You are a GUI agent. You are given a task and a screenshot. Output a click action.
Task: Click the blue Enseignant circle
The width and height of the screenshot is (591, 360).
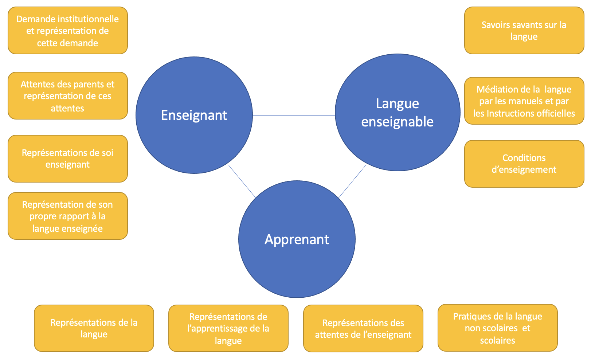pos(194,115)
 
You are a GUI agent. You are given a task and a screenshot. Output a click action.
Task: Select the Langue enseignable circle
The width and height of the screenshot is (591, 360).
pos(397,112)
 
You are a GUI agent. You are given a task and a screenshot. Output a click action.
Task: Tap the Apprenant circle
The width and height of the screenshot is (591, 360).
pos(297,239)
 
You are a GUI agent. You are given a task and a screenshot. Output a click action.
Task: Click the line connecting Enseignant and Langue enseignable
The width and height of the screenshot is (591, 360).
pos(294,115)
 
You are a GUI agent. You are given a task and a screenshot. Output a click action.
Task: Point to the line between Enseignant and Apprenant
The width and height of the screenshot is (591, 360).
pos(242,181)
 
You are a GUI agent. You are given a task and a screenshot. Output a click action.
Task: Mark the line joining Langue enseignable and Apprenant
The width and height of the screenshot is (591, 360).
pos(352,181)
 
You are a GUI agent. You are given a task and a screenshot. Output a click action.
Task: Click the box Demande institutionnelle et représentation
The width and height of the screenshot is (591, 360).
pos(68,31)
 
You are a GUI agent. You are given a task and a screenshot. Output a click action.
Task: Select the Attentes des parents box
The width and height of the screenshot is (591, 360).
pos(68,96)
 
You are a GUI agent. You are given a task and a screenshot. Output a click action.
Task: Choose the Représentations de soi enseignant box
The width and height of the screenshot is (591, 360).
pos(68,159)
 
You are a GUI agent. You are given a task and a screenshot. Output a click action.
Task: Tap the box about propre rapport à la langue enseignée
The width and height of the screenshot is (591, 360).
pos(68,216)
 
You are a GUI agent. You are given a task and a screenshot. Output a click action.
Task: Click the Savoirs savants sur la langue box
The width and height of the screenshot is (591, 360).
pos(524,31)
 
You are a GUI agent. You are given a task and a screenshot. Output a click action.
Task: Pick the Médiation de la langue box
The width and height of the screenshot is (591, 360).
pos(524,101)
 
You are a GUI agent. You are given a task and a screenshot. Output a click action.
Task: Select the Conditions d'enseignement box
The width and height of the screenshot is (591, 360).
pos(524,164)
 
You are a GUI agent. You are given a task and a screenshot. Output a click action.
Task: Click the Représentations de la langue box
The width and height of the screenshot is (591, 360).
pos(94,328)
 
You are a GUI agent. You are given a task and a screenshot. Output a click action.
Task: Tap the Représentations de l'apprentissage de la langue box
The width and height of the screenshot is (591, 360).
pos(228,328)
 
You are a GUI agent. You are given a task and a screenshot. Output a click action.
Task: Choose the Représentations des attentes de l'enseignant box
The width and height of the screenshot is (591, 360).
pos(363,329)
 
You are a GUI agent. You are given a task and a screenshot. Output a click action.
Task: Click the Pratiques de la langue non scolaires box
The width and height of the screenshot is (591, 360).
pos(498,328)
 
